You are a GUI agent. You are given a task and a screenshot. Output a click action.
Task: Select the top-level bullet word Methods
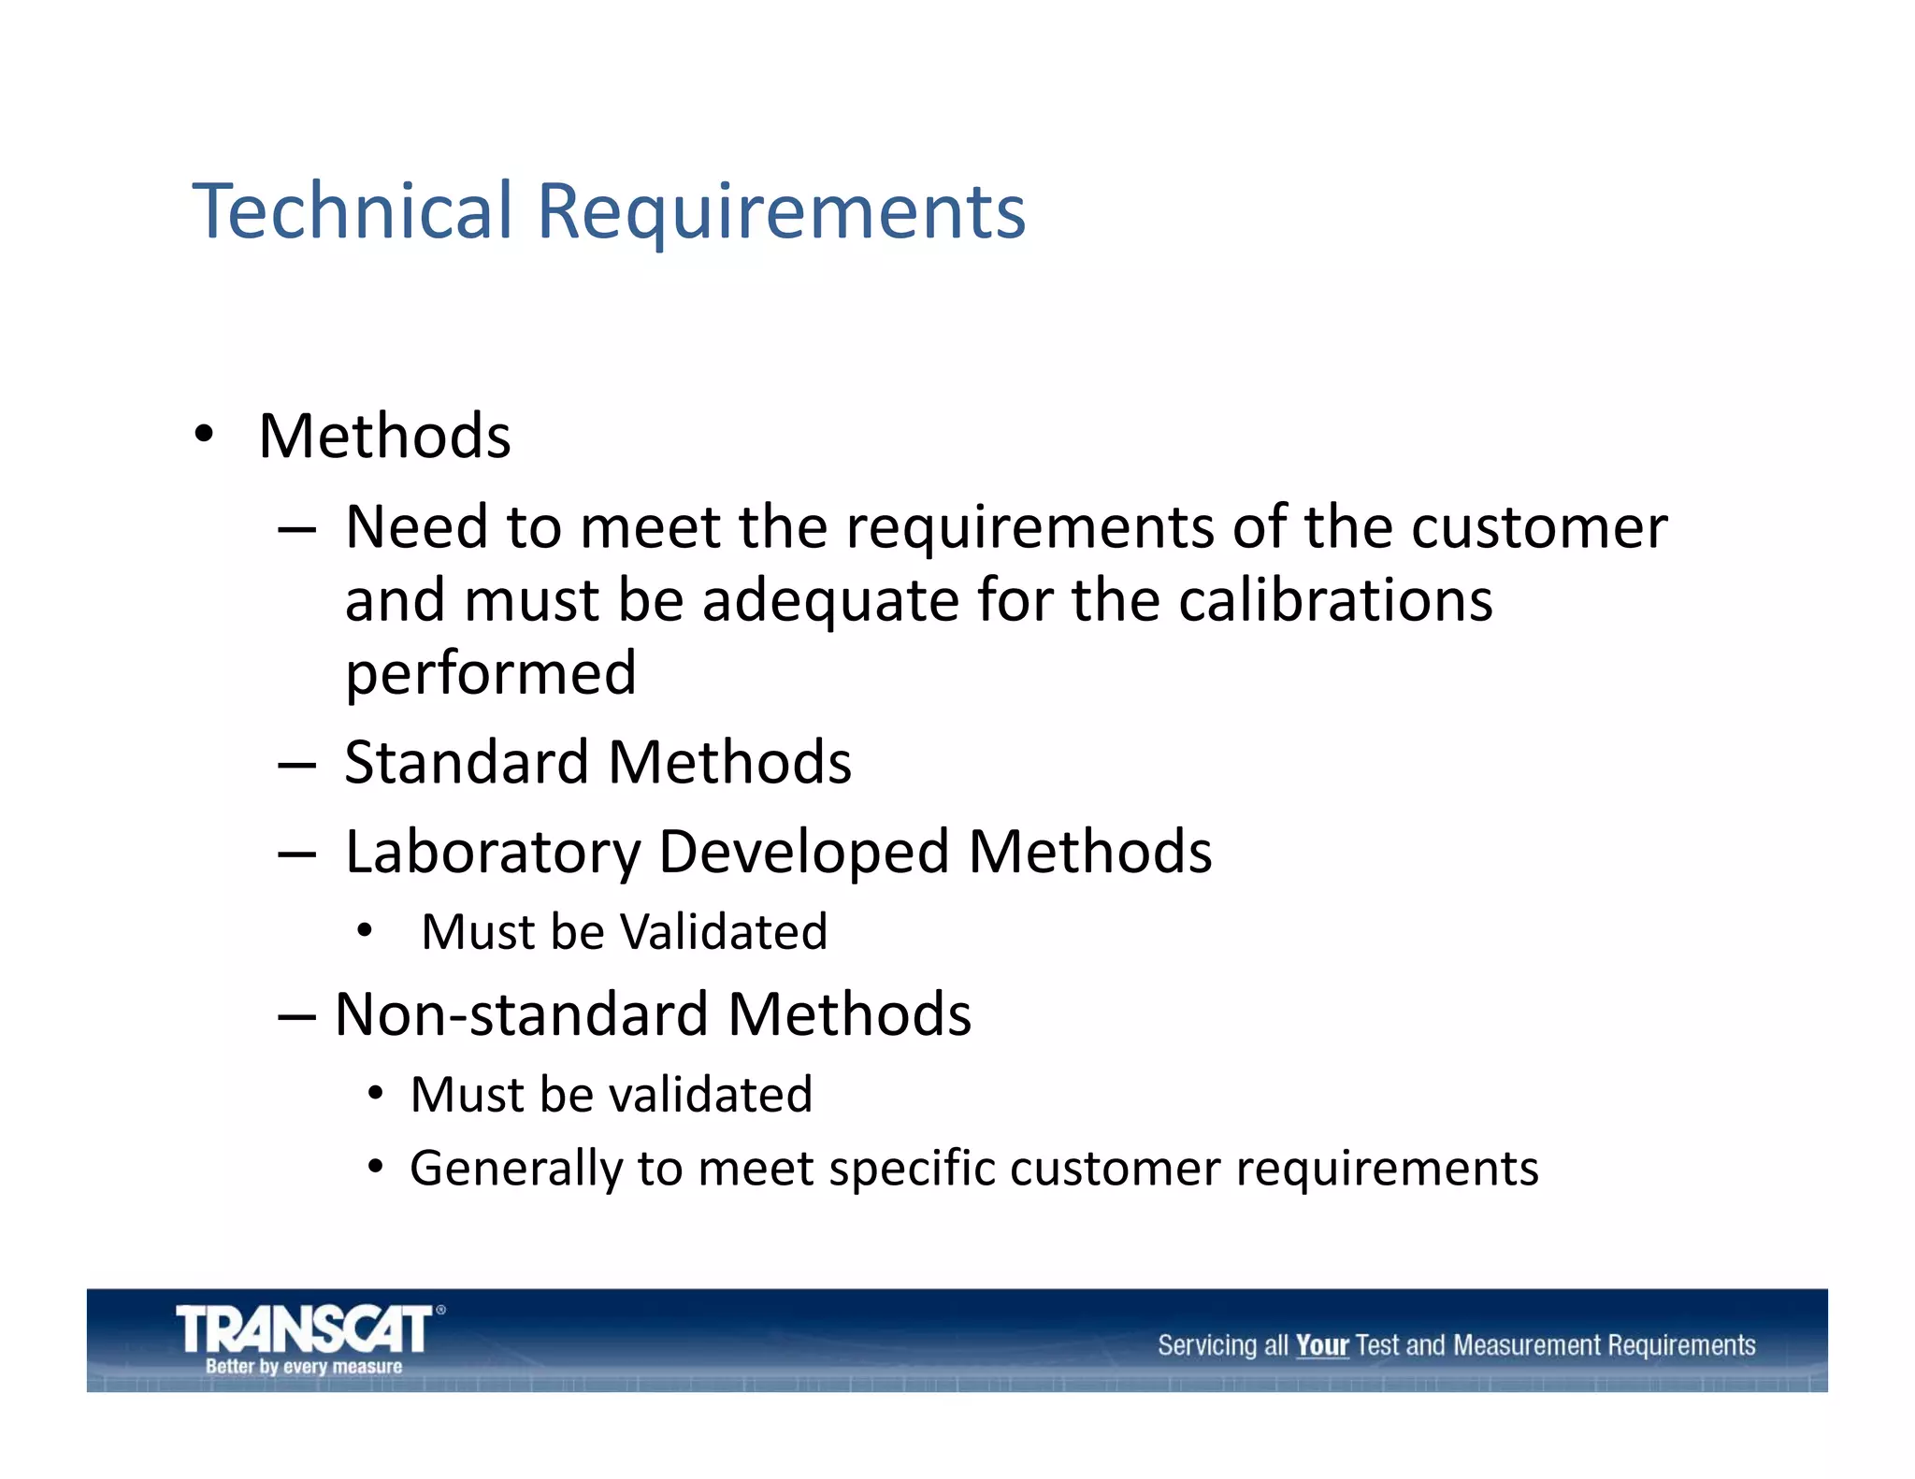(384, 437)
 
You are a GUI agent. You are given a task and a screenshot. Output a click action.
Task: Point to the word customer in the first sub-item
(1539, 527)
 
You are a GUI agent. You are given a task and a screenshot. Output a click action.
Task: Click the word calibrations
(1335, 600)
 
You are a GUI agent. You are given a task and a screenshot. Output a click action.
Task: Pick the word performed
(491, 674)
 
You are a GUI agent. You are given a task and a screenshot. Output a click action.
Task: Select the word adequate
(830, 601)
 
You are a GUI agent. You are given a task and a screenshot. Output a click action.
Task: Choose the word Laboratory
(493, 853)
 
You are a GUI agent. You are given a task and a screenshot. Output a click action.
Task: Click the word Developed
(804, 853)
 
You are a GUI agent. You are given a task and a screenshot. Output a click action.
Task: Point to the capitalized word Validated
(724, 932)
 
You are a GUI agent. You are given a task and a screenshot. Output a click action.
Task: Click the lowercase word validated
(710, 1095)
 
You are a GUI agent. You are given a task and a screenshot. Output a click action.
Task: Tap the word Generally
(516, 1170)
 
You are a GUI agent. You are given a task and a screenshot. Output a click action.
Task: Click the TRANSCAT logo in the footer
(305, 1329)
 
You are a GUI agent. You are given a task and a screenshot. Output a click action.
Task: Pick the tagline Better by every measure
(304, 1367)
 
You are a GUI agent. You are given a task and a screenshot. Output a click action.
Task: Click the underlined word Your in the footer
(1321, 1346)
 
